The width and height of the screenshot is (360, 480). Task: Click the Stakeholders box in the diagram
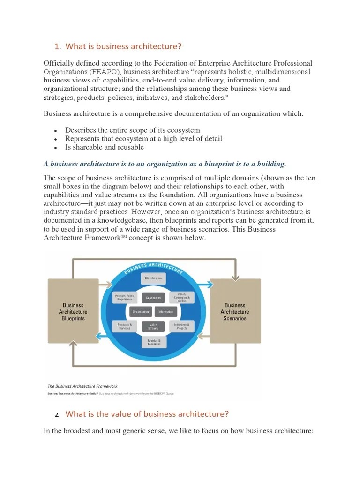153,278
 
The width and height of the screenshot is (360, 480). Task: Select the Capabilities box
153,298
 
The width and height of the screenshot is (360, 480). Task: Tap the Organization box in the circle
140,312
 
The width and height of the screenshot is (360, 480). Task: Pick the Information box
166,312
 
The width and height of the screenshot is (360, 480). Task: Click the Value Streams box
153,326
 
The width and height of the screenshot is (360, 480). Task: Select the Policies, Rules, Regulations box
125,298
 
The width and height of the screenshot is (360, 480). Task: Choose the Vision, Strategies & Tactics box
182,298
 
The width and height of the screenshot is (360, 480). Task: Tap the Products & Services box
125,326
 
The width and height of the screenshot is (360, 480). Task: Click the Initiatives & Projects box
182,326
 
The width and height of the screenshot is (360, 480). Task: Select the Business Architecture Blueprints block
73,312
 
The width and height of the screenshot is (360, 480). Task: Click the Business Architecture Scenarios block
235,312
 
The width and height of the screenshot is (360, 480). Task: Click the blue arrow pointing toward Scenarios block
204,283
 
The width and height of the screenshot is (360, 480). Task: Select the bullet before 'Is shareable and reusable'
55,148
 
